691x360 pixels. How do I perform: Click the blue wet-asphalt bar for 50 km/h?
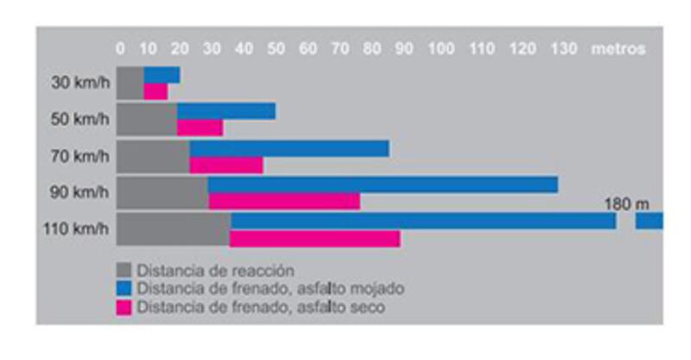click(226, 111)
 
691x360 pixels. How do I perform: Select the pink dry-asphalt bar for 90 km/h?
click(284, 201)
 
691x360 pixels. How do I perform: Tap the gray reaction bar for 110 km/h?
click(173, 229)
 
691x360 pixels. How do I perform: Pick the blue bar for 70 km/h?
click(289, 148)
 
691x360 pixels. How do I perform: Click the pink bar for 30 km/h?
click(155, 91)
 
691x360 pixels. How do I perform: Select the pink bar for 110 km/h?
click(314, 238)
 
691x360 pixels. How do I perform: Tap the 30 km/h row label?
click(80, 84)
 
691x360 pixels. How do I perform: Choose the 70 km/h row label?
click(80, 156)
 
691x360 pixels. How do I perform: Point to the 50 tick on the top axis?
click(276, 49)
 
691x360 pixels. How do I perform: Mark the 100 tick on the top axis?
click(441, 49)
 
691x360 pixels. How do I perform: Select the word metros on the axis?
click(618, 49)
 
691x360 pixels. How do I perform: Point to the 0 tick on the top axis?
click(120, 49)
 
